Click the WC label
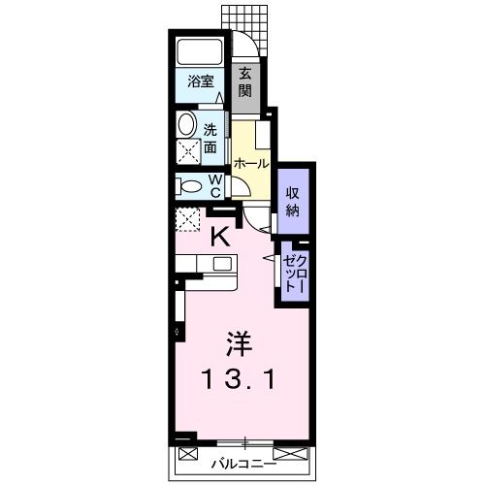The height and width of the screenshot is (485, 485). tap(215, 185)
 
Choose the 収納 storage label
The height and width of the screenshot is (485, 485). tap(292, 201)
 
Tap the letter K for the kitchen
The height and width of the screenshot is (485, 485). tap(221, 234)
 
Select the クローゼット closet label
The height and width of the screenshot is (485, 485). tap(294, 272)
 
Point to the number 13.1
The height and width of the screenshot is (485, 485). tap(236, 378)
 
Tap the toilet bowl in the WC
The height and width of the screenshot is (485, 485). tap(190, 185)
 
